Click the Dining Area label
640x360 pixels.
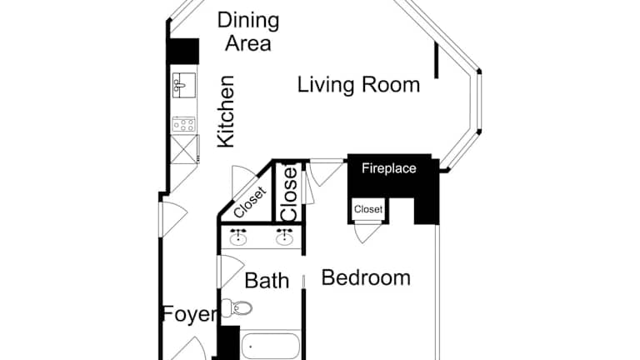coord(248,32)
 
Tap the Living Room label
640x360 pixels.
coord(358,85)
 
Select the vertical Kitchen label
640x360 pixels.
coord(226,111)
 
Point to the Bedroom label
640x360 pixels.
coord(366,278)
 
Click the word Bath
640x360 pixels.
coord(267,281)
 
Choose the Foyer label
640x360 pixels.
coord(190,315)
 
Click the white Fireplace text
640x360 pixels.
coord(389,168)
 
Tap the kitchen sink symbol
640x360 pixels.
coord(184,85)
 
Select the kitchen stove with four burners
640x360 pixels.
coord(183,124)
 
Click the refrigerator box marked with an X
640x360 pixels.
coord(184,149)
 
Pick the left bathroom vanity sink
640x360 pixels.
coord(238,237)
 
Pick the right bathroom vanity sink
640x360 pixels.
coord(284,237)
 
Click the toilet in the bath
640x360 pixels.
coord(237,307)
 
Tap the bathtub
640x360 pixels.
coord(271,347)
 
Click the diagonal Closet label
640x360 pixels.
coord(250,202)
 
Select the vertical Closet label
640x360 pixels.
coord(288,192)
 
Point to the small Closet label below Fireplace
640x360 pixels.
coord(368,209)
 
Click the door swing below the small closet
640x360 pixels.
coord(366,232)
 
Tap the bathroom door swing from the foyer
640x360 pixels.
coord(231,272)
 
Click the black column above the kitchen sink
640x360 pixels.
coord(182,51)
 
